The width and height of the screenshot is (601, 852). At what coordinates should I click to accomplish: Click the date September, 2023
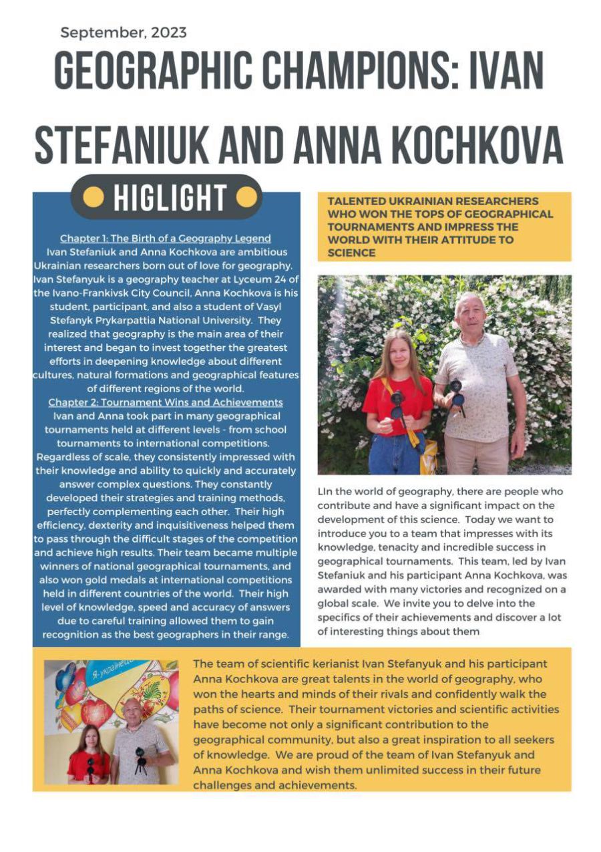tap(124, 32)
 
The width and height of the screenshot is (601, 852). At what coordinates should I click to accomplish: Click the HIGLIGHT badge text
tap(170, 198)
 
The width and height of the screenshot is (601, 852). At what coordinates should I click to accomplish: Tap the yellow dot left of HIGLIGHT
tap(95, 198)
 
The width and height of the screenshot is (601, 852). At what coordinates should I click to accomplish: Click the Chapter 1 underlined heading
tap(165, 238)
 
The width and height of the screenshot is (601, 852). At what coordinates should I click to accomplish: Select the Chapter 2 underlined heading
tap(165, 402)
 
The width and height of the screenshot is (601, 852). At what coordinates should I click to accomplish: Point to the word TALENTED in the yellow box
tap(353, 201)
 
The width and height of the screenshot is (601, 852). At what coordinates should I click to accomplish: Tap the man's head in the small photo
tap(132, 710)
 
